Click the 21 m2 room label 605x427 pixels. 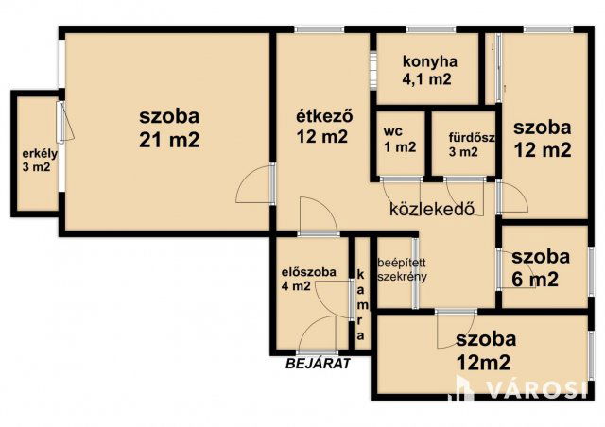[169, 128]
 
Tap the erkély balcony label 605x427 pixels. [37, 162]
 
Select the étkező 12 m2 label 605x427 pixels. [320, 128]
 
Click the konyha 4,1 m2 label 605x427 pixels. [429, 71]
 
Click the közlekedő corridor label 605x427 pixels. [431, 209]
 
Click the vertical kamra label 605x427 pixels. [360, 299]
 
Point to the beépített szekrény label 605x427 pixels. [402, 269]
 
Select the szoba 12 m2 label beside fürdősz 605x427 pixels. [543, 138]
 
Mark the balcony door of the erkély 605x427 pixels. [61, 123]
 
